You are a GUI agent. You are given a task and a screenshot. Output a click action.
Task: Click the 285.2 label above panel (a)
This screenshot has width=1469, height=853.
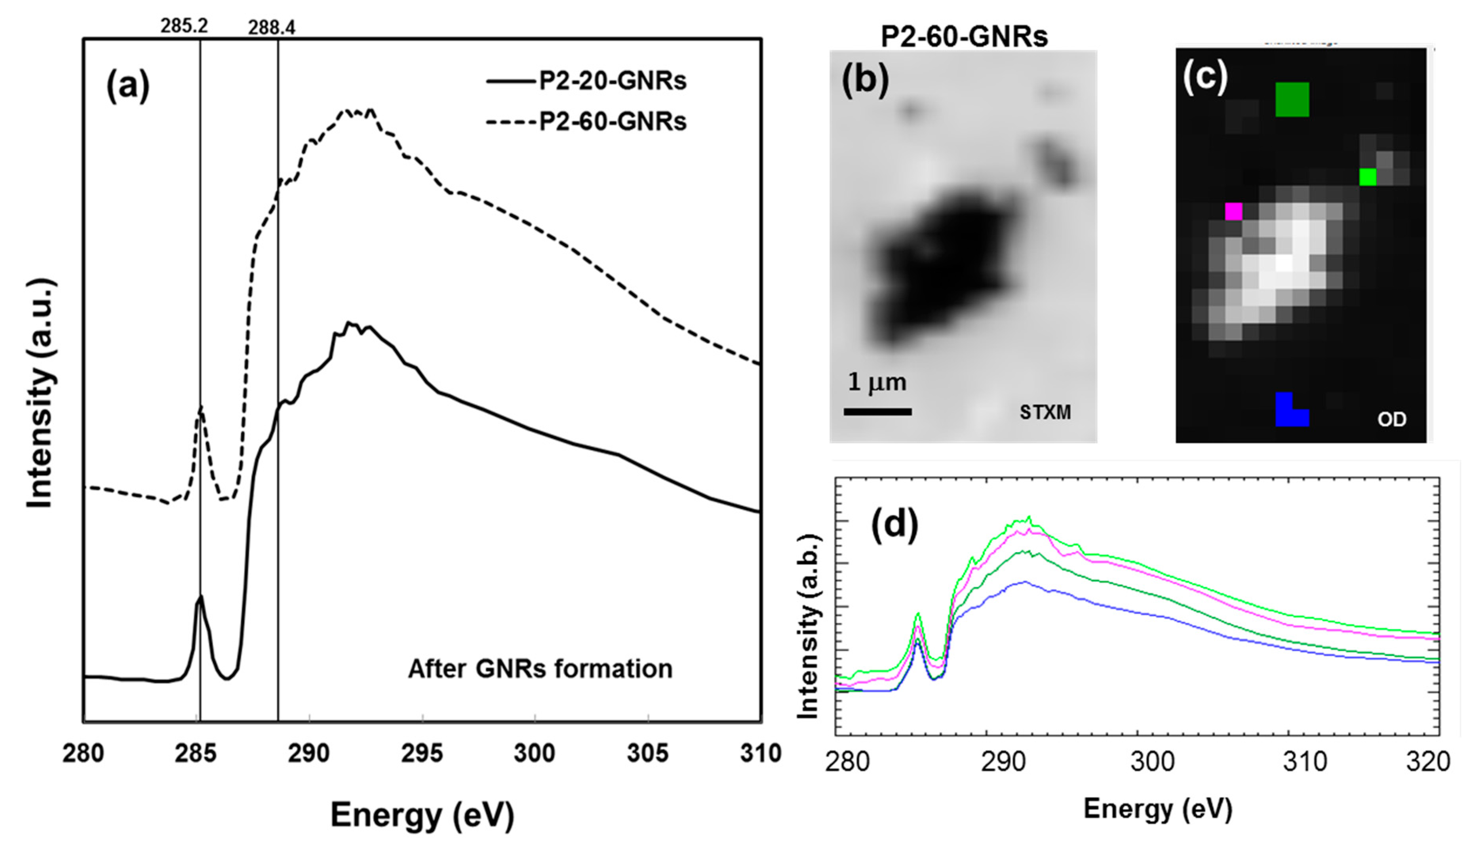coord(184,26)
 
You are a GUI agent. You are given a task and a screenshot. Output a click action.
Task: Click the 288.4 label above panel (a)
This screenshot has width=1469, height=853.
coord(272,27)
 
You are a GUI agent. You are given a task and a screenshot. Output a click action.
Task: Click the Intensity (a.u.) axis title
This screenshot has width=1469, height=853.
coord(41,393)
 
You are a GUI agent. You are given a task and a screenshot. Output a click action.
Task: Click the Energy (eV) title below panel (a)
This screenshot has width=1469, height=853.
coord(422,815)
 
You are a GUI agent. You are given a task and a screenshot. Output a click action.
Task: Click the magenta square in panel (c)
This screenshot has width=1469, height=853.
coord(1233,211)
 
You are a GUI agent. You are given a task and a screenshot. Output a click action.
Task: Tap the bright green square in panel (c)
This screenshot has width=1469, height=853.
coord(1368,177)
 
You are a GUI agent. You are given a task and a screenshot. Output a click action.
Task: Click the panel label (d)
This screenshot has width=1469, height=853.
coord(894,524)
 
